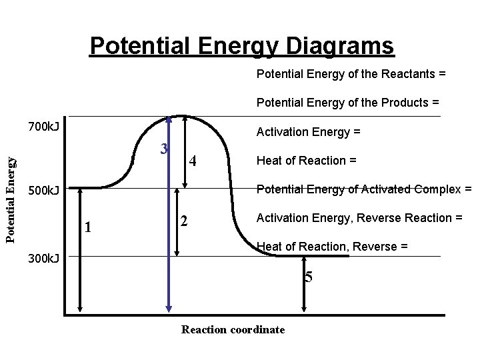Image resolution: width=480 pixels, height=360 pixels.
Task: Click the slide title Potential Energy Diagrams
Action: point(241,46)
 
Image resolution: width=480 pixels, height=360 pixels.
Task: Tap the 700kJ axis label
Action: point(43,126)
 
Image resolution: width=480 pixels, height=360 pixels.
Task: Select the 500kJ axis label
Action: point(43,191)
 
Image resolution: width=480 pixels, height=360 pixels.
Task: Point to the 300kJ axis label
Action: point(43,258)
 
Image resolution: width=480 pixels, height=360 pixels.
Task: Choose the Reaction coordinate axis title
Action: point(233,329)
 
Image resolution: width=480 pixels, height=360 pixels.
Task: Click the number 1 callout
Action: point(88,227)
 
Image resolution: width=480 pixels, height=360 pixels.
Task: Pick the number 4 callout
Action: point(193,161)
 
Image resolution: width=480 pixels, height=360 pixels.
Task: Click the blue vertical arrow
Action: point(168,213)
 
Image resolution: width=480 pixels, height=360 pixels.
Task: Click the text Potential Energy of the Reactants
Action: point(351,74)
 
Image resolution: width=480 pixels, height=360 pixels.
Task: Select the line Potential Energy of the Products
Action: point(348,103)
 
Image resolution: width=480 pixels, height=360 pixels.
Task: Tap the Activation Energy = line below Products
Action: point(309,132)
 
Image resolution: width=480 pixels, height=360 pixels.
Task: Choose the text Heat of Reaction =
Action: point(307,161)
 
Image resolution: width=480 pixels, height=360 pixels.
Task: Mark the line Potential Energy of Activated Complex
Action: point(364,189)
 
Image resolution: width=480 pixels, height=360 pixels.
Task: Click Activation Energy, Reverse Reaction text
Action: point(359,218)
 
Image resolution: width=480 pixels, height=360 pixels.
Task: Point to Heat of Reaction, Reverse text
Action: point(332,247)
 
